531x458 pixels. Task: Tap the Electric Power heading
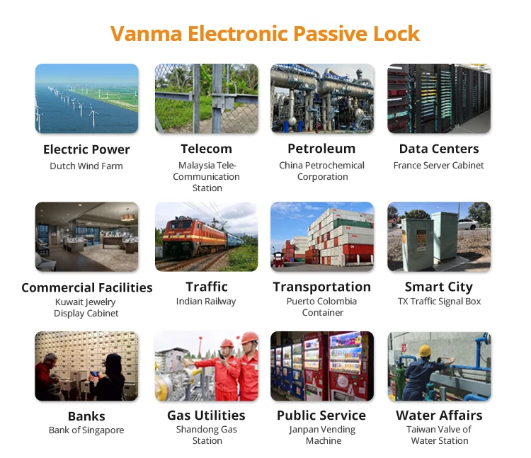click(86, 149)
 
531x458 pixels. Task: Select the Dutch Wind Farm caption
click(86, 166)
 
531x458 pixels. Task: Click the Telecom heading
click(206, 149)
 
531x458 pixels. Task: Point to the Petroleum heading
click(321, 148)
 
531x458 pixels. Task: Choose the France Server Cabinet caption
click(438, 165)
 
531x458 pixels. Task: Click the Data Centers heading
click(439, 149)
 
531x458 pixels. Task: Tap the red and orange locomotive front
click(178, 239)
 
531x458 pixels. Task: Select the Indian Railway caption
click(206, 302)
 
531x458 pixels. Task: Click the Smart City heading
click(439, 287)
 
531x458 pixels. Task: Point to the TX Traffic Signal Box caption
click(439, 302)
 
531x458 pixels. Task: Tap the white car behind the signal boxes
click(469, 224)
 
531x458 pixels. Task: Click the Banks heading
click(86, 416)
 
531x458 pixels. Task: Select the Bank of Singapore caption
click(86, 430)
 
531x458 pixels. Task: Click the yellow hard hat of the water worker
click(425, 350)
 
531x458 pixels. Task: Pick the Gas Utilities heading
click(206, 416)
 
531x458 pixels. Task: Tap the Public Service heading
click(321, 416)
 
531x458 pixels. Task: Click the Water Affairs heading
click(439, 416)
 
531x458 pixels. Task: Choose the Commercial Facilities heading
click(86, 287)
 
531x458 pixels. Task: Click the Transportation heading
click(321, 287)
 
